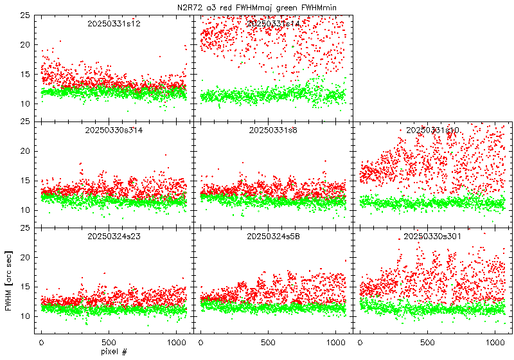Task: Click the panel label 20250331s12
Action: [x=114, y=24]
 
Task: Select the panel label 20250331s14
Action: [x=273, y=24]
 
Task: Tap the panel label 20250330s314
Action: [x=114, y=130]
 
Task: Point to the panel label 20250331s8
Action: [x=273, y=130]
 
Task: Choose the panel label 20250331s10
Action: [x=432, y=130]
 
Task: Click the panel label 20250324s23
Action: [x=114, y=237]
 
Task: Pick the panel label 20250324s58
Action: [x=273, y=237]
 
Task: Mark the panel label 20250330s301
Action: [x=432, y=237]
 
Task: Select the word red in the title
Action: [x=230, y=6]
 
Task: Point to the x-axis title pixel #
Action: [x=114, y=352]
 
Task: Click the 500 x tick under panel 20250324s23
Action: [x=109, y=343]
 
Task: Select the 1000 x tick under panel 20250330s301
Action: [x=495, y=343]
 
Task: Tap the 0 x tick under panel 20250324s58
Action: [x=201, y=343]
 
